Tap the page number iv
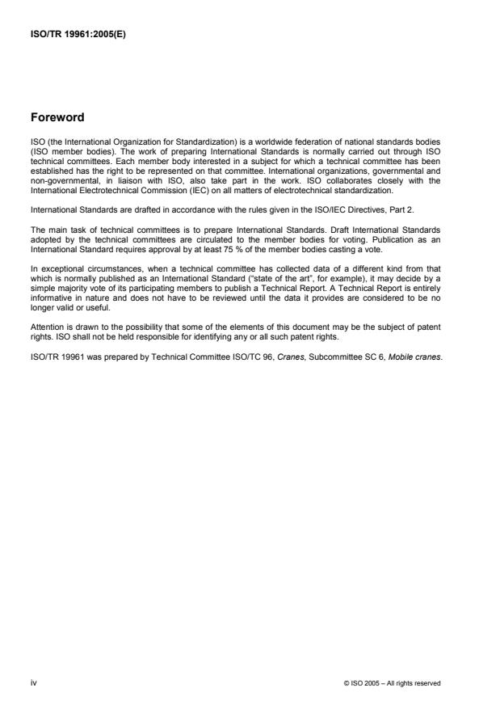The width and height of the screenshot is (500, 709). pos(33,682)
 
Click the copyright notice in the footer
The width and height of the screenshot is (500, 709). pos(392,683)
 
